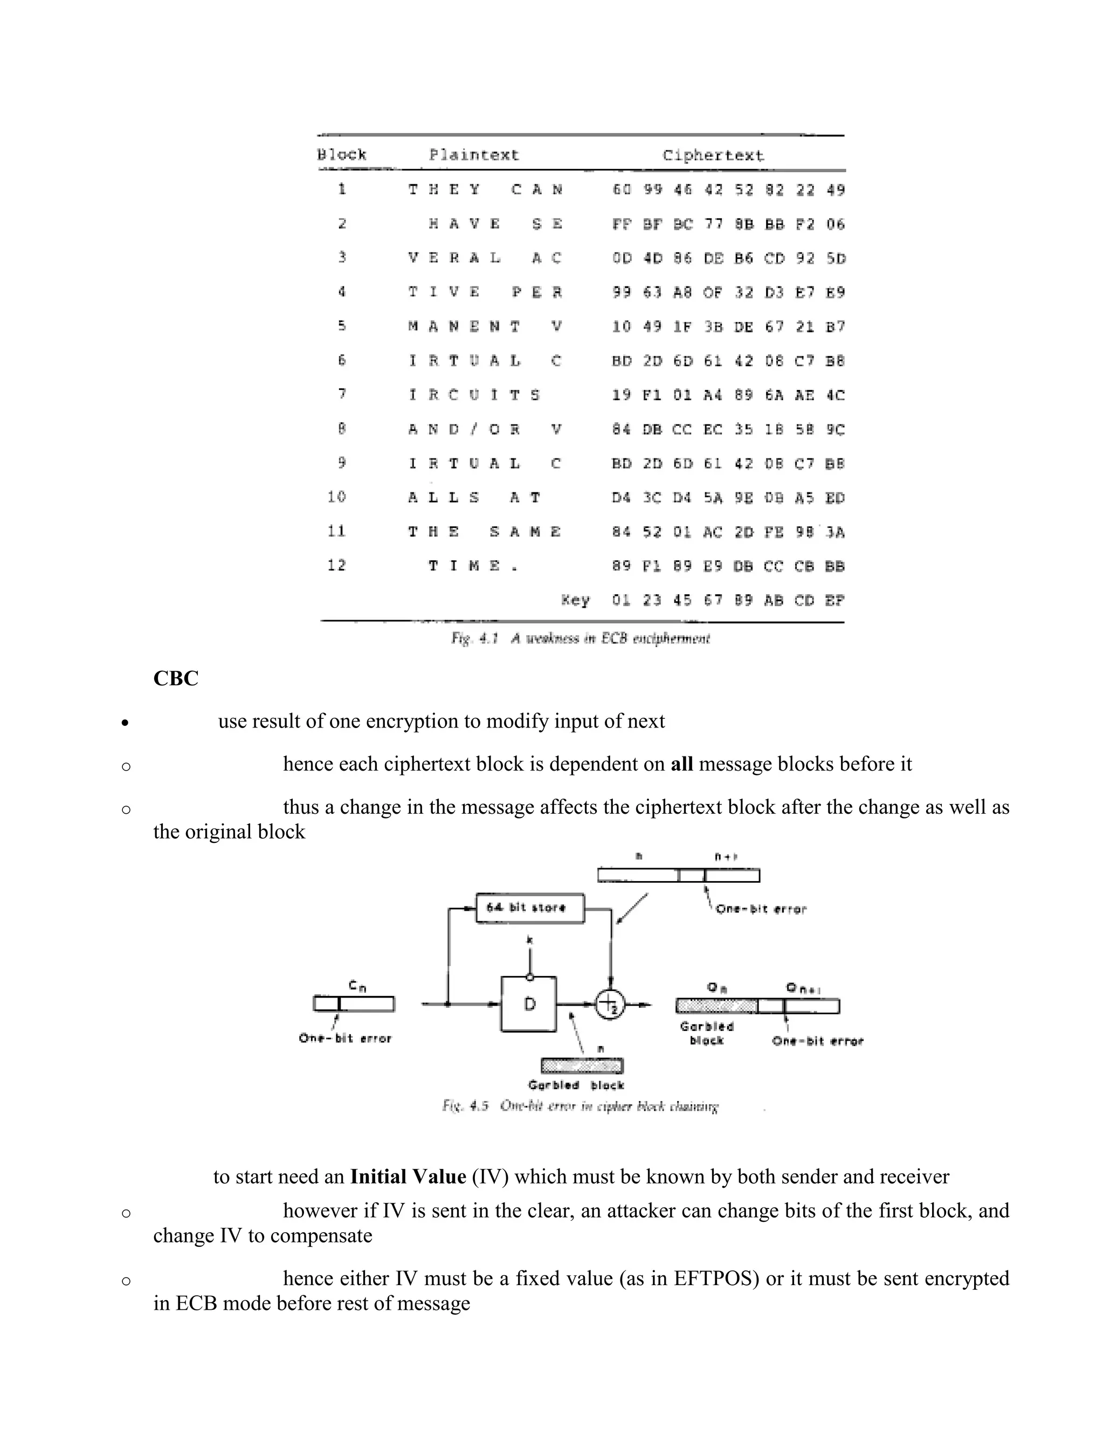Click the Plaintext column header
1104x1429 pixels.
473,155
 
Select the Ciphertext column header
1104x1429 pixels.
712,156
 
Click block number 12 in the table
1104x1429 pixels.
337,565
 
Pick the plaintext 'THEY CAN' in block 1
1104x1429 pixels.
485,190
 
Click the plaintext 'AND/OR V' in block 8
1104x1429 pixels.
485,429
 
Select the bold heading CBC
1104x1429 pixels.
175,678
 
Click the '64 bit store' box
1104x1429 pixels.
530,908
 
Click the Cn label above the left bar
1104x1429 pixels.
356,985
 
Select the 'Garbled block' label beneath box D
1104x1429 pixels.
576,1086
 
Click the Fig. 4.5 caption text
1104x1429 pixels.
579,1107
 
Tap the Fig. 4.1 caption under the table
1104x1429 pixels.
580,638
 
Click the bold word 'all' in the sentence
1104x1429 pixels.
681,764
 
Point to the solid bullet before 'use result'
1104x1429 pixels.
126,723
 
